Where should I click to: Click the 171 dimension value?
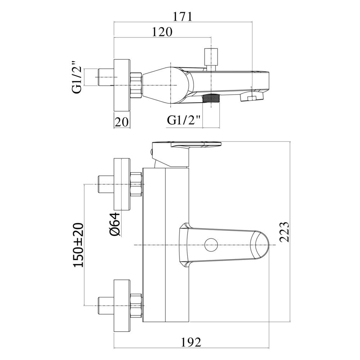click(182, 17)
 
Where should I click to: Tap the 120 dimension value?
click(162, 32)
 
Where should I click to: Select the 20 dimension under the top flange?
click(122, 122)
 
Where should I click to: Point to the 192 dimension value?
click(191, 343)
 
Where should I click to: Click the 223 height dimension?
click(284, 232)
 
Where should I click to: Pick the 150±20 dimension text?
click(78, 245)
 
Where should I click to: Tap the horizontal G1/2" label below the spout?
click(184, 120)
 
